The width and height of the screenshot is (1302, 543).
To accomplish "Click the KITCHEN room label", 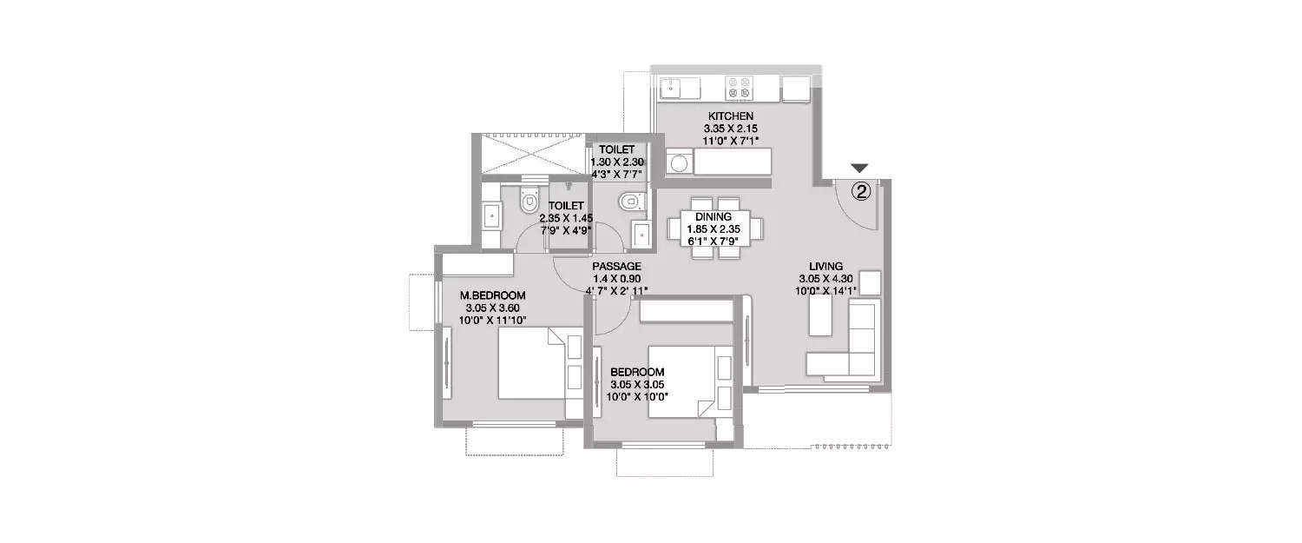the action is (x=731, y=116).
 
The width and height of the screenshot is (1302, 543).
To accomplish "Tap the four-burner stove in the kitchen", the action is (x=739, y=88).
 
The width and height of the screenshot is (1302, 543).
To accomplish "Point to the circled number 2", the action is (x=861, y=191).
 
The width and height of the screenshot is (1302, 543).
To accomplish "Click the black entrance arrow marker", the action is (x=859, y=169).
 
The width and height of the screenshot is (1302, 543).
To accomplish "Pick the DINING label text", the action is (x=713, y=217).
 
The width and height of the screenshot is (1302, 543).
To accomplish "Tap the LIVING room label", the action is (x=825, y=267).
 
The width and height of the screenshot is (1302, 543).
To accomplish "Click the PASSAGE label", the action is (x=616, y=267).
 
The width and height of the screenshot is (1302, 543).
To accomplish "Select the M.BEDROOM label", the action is (x=492, y=295).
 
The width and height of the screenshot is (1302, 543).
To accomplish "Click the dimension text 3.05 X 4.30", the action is (x=825, y=279).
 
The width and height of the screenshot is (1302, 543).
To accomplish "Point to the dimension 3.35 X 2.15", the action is (x=731, y=129).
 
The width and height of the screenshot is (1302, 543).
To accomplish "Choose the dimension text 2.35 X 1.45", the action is (x=566, y=218).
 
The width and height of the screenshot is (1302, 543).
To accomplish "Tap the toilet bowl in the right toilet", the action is (x=632, y=202).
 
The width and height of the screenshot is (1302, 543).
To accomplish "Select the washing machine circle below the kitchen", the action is (x=678, y=163).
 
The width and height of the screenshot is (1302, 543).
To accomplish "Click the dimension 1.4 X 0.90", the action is (x=616, y=279).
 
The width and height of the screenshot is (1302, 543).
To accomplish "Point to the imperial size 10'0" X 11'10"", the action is (x=492, y=320).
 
